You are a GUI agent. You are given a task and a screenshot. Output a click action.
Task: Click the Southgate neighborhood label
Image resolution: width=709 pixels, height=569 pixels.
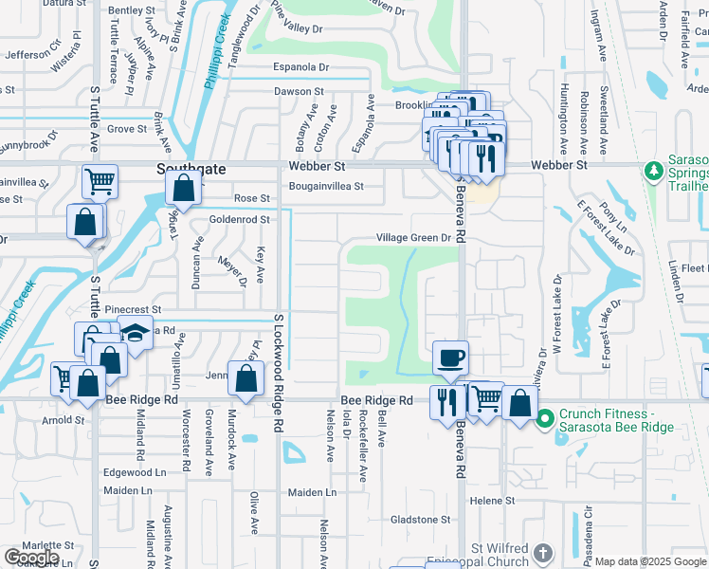(x=191, y=169)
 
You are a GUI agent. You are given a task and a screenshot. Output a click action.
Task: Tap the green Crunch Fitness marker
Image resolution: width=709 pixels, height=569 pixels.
(x=545, y=417)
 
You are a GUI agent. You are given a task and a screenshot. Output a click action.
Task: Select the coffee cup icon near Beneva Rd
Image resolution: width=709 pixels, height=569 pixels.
(x=450, y=358)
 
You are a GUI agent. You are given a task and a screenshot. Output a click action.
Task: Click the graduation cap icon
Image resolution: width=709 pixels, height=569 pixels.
(x=136, y=334)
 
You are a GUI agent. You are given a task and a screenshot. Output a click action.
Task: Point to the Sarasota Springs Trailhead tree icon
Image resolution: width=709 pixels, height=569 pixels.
(x=652, y=172)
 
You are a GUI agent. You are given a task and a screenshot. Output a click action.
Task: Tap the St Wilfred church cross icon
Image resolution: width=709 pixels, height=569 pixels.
(x=542, y=553)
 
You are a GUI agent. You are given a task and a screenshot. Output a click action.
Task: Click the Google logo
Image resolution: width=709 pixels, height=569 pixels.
(x=31, y=558)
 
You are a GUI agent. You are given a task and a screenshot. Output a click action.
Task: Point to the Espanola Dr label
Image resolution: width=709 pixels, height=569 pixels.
(x=300, y=68)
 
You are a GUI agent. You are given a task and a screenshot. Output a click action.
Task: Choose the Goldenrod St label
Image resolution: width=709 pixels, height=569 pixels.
(x=240, y=219)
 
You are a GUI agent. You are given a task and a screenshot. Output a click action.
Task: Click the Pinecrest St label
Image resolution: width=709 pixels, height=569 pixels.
(x=134, y=309)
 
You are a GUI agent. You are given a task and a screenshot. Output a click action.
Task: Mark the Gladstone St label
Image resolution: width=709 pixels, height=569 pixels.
(x=421, y=520)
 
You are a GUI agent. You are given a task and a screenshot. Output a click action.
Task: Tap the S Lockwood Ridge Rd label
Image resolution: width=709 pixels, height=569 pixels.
(x=279, y=374)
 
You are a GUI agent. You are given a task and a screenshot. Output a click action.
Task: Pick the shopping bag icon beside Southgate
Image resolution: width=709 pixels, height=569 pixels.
(x=184, y=188)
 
